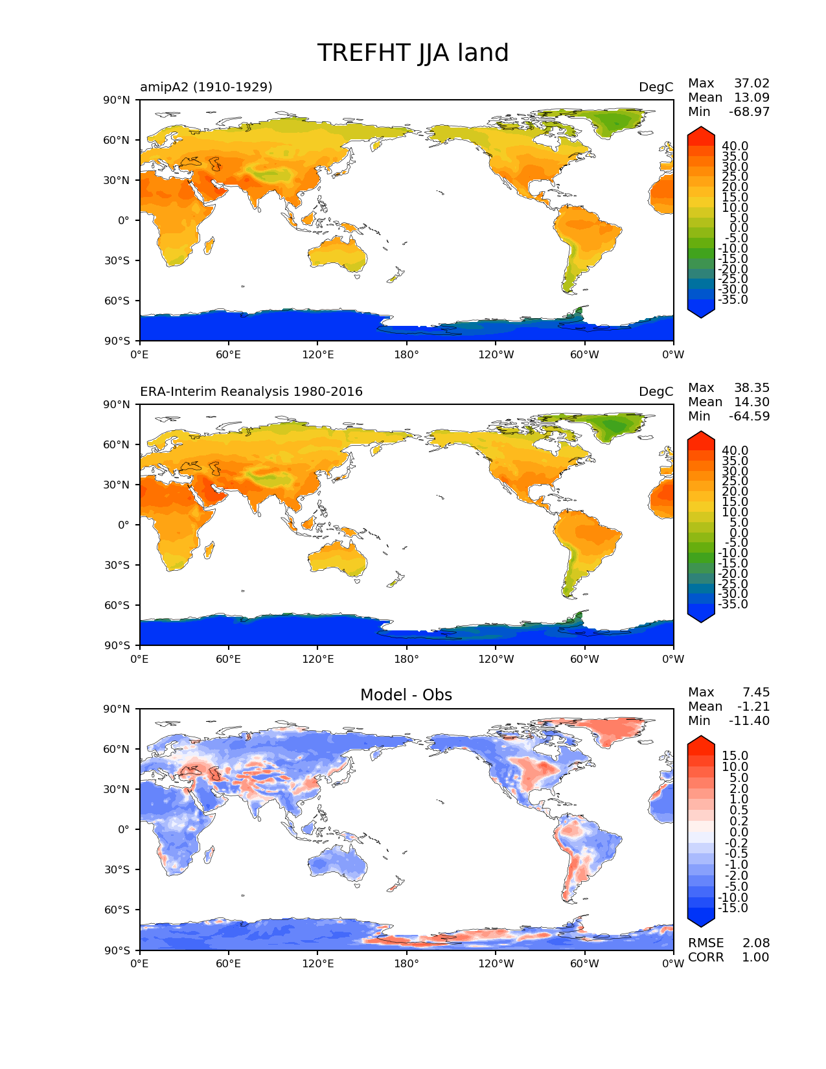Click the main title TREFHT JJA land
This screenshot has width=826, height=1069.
[x=413, y=53]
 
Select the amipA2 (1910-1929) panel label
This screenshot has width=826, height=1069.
[x=206, y=87]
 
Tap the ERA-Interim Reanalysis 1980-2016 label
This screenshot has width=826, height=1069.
[x=251, y=391]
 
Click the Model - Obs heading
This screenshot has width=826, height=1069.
[x=406, y=695]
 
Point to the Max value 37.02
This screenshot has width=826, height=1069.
[x=751, y=83]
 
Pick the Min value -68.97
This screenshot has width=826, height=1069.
[x=749, y=111]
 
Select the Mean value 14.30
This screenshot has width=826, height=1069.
[x=751, y=402]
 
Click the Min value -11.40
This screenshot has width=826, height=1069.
[x=749, y=720]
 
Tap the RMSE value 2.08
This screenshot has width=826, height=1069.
[x=755, y=943]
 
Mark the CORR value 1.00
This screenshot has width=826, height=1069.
[x=755, y=957]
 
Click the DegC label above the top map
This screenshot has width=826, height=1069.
[x=656, y=87]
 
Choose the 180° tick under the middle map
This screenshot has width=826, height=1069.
[x=406, y=659]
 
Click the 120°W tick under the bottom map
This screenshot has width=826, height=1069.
[x=496, y=963]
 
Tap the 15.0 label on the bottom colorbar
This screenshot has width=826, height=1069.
[x=735, y=755]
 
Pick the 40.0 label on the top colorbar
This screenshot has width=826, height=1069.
[x=735, y=146]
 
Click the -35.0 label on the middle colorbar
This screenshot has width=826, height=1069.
[x=733, y=604]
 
